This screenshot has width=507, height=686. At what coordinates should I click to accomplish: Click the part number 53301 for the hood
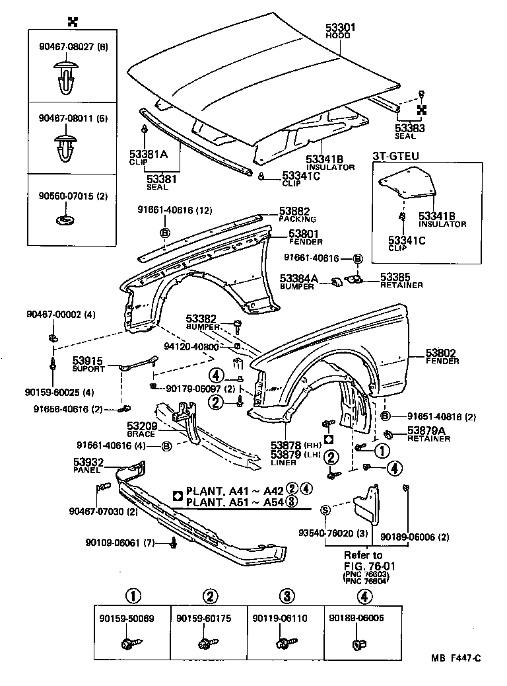340,27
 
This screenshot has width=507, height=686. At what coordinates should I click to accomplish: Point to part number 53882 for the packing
294,211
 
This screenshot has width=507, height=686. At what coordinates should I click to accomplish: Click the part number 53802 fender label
442,354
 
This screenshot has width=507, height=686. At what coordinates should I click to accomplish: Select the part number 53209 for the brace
141,426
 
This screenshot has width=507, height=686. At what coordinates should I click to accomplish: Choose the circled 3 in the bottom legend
285,596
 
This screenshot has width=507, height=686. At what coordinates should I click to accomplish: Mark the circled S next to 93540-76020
325,509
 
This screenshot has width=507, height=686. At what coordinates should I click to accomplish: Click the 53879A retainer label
426,430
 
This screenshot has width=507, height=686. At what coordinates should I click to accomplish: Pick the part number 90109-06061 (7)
119,543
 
